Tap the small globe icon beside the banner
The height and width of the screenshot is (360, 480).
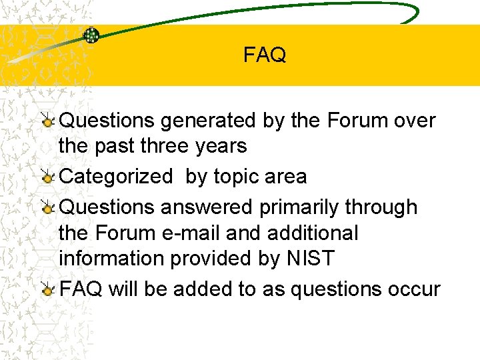pyautogui.click(x=91, y=35)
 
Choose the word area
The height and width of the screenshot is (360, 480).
pyautogui.click(x=286, y=177)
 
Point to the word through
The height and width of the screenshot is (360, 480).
pyautogui.click(x=381, y=207)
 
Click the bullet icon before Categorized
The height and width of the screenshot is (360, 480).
pyautogui.click(x=48, y=177)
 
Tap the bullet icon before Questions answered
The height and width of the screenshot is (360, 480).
pyautogui.click(x=48, y=208)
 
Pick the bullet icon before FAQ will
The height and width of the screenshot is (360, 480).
pyautogui.click(x=48, y=289)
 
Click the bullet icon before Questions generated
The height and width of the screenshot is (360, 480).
pyautogui.click(x=48, y=121)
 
